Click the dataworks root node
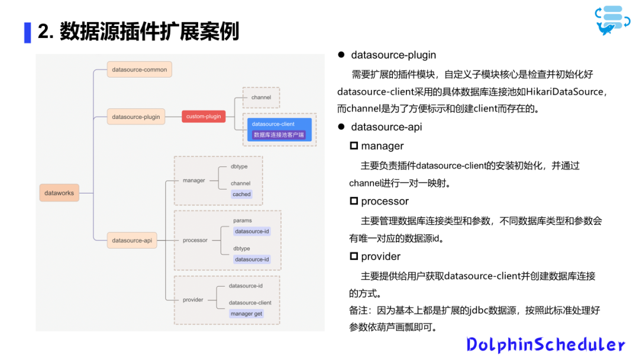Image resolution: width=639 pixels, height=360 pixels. (59, 192)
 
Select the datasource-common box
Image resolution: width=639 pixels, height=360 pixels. (139, 69)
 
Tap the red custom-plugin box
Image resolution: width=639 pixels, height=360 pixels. (204, 116)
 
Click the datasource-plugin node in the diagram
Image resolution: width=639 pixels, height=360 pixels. (135, 117)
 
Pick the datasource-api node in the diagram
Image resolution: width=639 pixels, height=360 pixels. (131, 240)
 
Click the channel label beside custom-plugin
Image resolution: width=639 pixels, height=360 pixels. (261, 97)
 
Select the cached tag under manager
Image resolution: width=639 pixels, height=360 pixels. (241, 194)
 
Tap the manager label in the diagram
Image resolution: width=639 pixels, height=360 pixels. (193, 180)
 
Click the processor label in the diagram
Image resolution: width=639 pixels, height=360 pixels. (195, 240)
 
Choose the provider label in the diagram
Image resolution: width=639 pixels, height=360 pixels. (193, 300)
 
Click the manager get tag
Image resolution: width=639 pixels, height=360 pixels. (246, 314)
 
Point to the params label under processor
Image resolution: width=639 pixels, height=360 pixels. (243, 220)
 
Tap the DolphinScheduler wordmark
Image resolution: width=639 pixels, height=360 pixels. (546, 345)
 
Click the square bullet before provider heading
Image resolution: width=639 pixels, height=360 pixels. (354, 256)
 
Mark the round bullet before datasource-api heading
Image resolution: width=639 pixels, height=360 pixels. (341, 127)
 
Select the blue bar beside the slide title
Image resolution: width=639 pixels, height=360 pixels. (27, 32)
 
